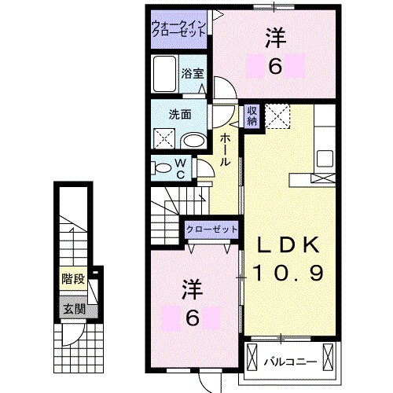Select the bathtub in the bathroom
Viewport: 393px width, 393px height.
coord(165,79)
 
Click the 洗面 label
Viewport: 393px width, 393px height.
coord(180,113)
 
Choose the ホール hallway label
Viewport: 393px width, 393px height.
coord(226,149)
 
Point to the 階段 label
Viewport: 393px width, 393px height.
coord(74,278)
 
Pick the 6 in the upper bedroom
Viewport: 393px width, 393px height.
coord(274,67)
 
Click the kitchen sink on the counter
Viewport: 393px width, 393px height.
coord(325,156)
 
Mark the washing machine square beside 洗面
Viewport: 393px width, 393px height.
coord(164,138)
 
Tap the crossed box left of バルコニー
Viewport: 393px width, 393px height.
coord(252,357)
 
